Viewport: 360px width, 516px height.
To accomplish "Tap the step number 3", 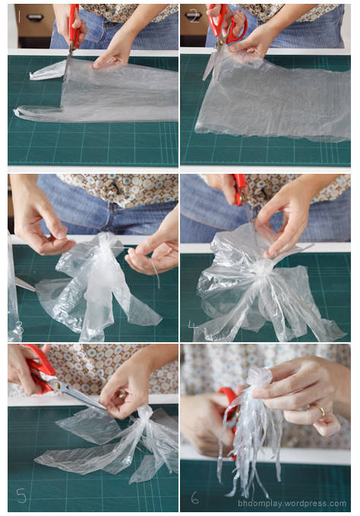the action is tap(20, 328).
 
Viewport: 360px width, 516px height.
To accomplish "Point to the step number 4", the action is tap(192, 326).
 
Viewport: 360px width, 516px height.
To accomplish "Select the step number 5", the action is tap(21, 496).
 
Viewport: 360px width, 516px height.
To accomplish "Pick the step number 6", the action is tap(194, 498).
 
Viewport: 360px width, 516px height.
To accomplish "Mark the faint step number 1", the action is tap(20, 17).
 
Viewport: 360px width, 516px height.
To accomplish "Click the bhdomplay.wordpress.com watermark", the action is tap(292, 504).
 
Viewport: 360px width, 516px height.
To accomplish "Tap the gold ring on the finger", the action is tap(321, 411).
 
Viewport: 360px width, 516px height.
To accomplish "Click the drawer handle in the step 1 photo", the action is tap(35, 17).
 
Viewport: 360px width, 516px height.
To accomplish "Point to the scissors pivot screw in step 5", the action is tap(57, 385).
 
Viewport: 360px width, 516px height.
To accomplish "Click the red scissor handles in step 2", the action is tap(226, 24).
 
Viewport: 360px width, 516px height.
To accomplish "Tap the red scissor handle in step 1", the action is tap(74, 25).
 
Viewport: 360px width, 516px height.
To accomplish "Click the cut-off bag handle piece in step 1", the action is tap(48, 71).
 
